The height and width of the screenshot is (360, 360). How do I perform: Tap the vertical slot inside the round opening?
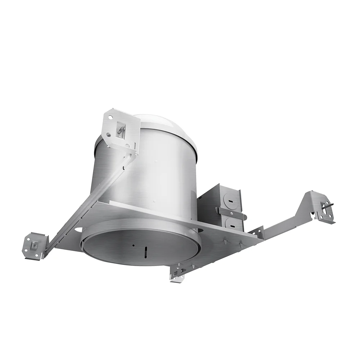pos(146,251)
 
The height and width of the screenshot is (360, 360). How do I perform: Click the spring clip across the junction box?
pos(230,212)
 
